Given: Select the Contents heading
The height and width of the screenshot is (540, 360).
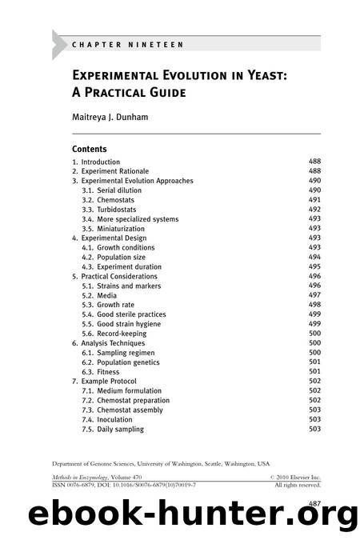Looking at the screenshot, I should point(90,149).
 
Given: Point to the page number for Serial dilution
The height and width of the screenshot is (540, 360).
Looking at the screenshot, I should point(314,190).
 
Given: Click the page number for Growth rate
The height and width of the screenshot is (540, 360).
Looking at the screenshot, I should point(314,305).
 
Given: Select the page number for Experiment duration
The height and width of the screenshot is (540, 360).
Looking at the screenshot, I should point(314,266).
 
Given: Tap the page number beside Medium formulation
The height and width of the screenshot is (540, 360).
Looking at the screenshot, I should point(314,390).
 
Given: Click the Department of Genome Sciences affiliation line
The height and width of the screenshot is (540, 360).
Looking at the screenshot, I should point(161,463).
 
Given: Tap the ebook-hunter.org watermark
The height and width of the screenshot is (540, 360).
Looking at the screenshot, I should point(179,514).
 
